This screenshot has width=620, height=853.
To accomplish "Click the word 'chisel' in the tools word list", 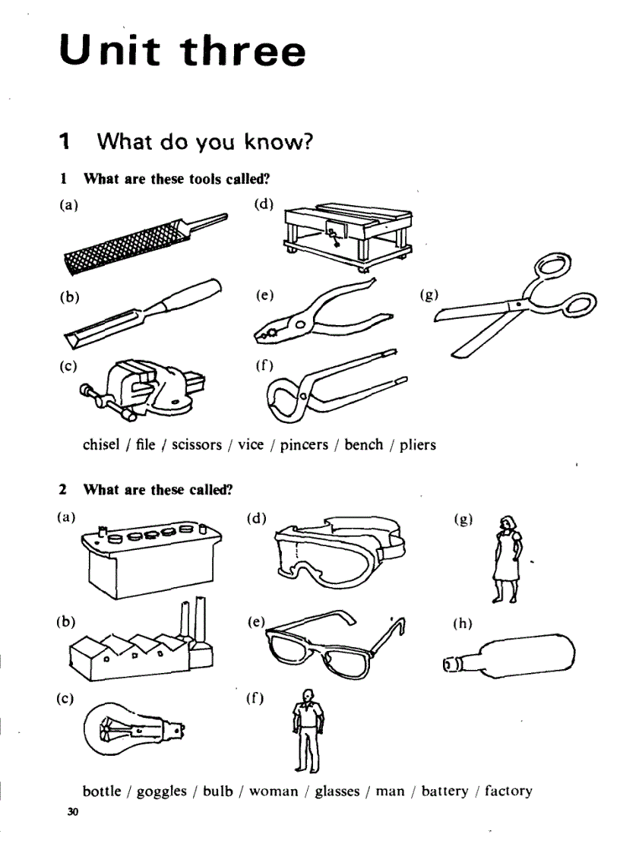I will tap(100, 444).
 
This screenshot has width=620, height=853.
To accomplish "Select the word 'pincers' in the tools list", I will tap(307, 445).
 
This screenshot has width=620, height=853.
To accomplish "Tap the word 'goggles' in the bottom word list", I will tap(161, 791).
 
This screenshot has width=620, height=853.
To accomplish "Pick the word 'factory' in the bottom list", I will tap(508, 791).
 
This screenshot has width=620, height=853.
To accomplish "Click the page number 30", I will tap(72, 813).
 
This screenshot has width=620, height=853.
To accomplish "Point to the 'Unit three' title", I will tap(182, 52).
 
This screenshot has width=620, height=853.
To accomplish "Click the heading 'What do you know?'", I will tap(205, 141).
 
